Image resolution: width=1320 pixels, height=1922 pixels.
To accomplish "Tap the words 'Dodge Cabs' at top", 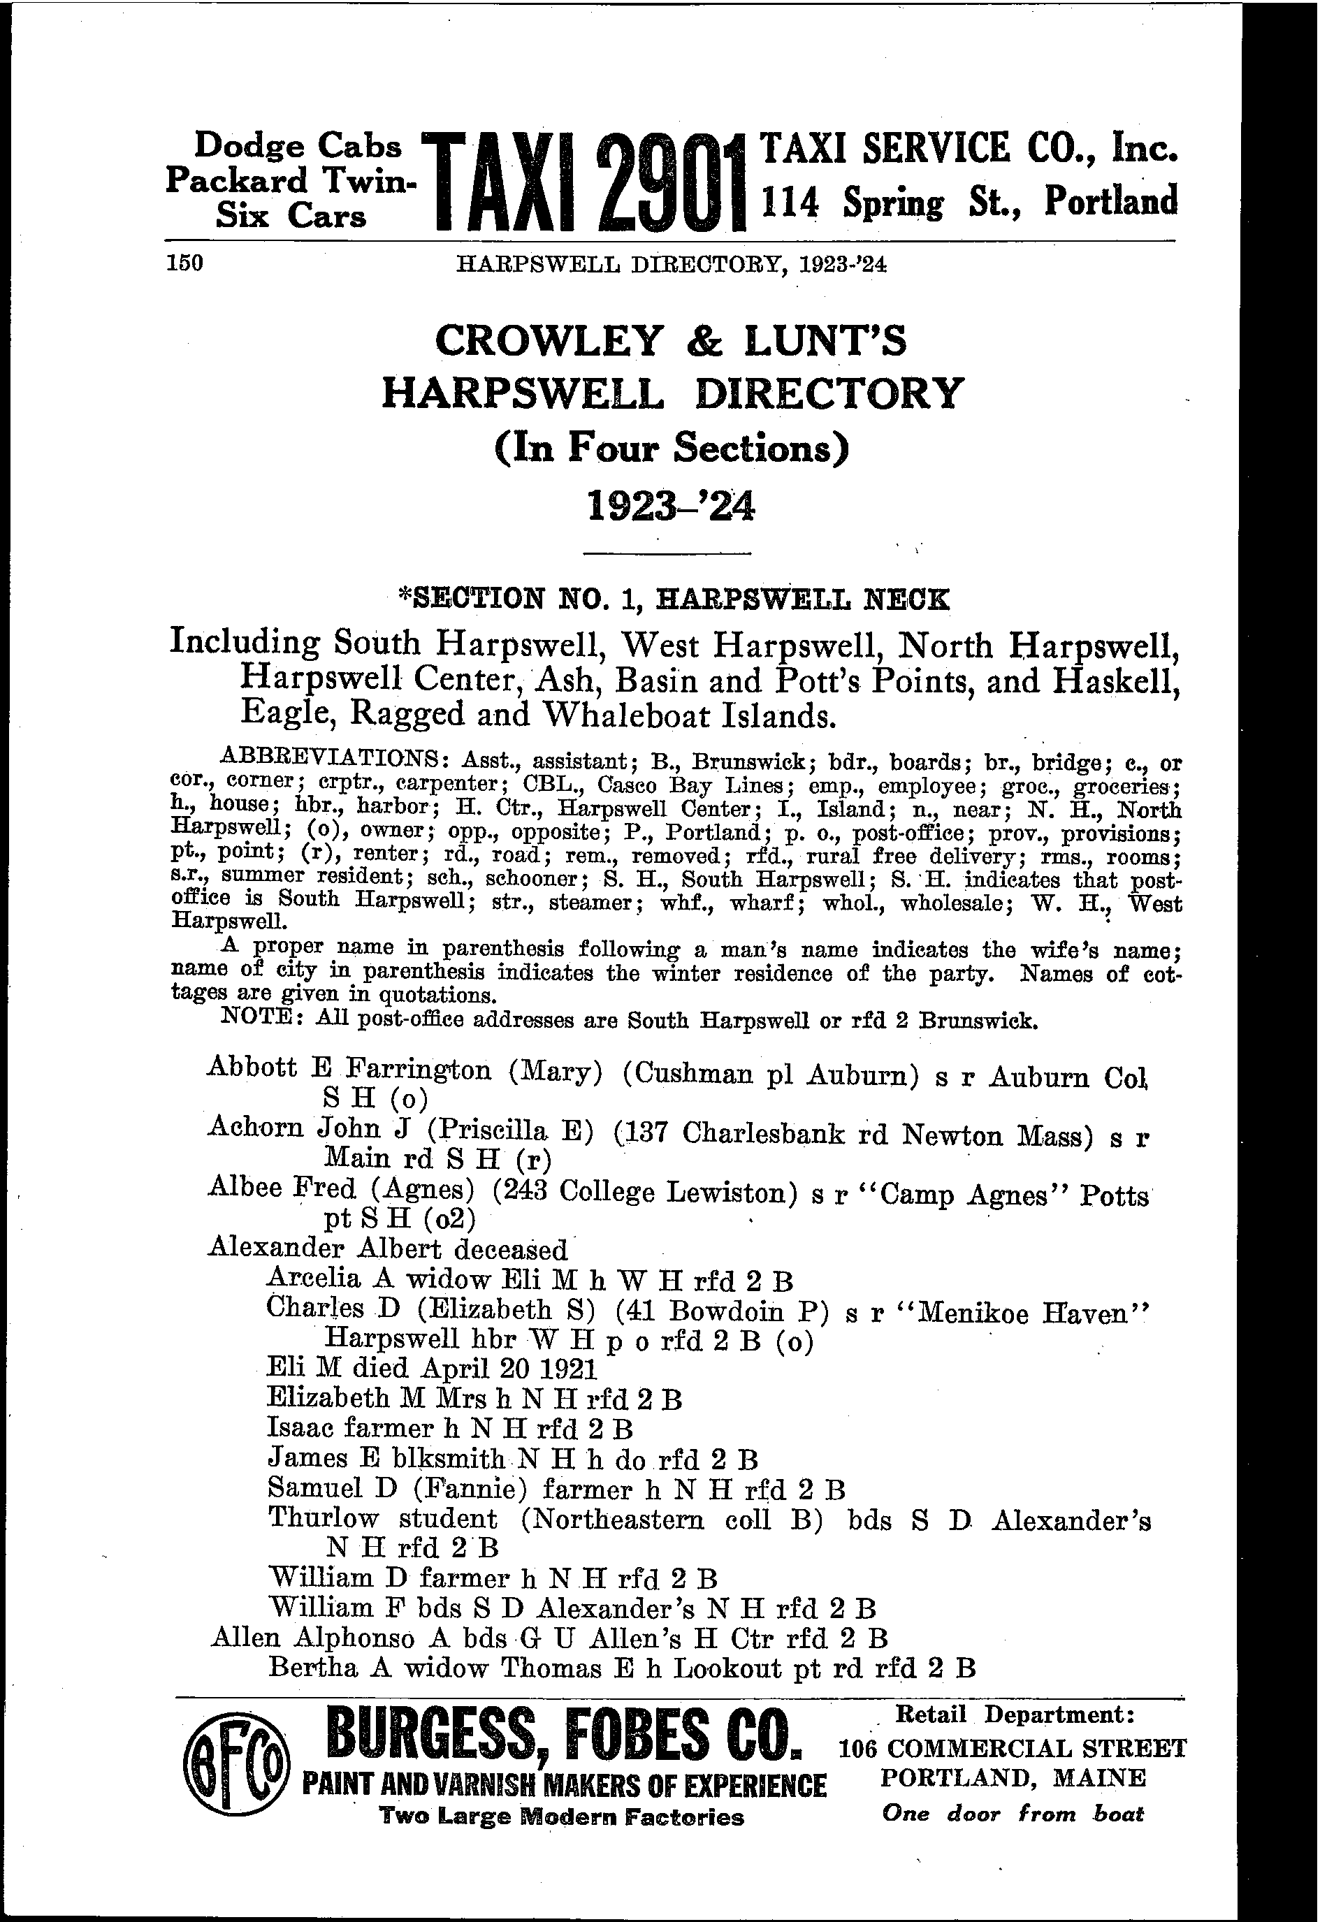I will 298,147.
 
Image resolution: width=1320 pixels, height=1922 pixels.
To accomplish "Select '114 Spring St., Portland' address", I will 969,202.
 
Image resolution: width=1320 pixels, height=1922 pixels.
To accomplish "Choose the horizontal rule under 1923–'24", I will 667,553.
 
